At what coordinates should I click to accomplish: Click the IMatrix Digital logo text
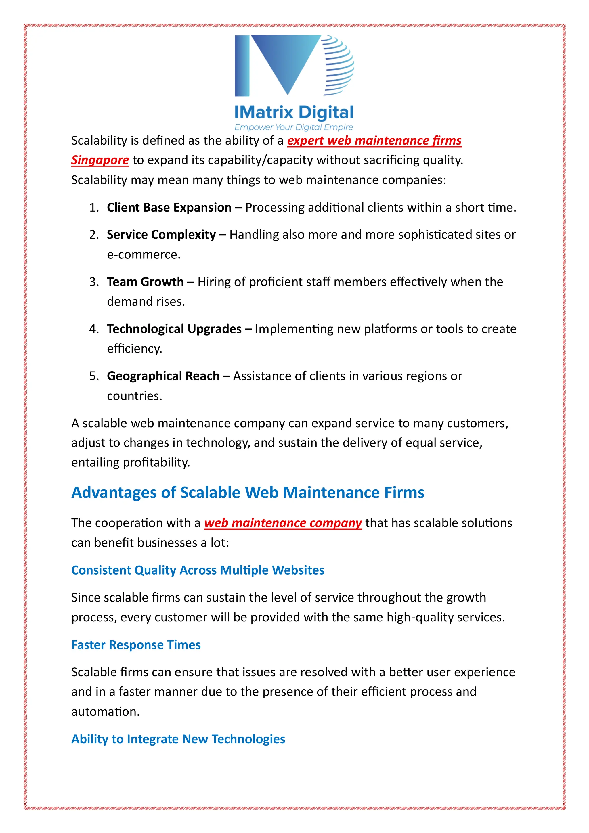tap(294, 112)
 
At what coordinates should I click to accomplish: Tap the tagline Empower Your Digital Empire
tap(294, 127)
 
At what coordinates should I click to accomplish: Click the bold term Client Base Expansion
tap(169, 208)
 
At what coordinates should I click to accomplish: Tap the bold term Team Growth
tap(145, 282)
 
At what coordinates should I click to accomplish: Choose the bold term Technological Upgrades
tap(174, 329)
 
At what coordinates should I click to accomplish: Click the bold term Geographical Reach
tap(163, 376)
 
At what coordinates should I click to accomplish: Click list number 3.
tap(94, 282)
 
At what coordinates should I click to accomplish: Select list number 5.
tap(94, 376)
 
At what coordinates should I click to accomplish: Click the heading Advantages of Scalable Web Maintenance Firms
tap(248, 493)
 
